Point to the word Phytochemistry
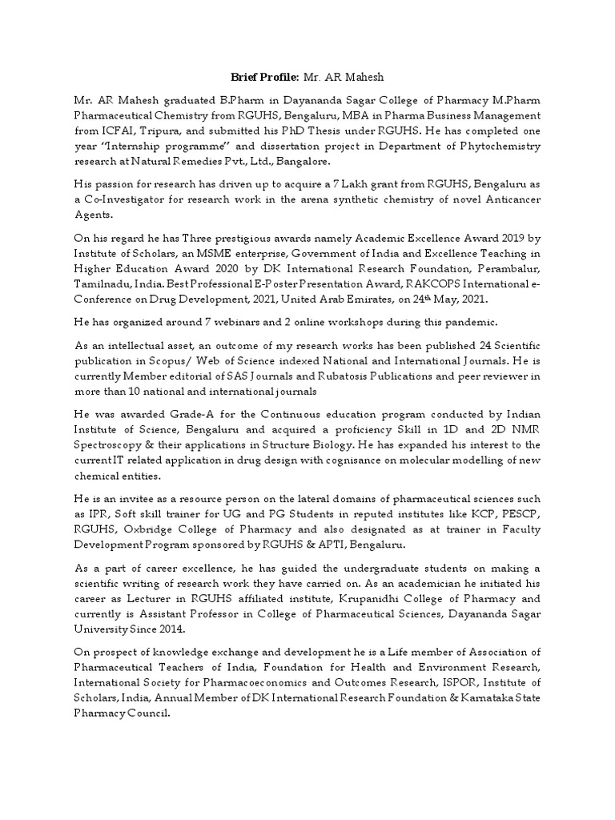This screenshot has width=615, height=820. pyautogui.click(x=503, y=147)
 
